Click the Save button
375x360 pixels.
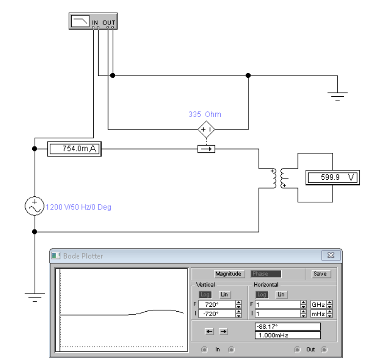tap(320, 274)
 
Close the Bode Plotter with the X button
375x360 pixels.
tap(331, 255)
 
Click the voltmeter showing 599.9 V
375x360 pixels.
tap(332, 178)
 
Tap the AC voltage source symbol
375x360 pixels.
tap(34, 207)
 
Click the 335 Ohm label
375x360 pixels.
tap(205, 114)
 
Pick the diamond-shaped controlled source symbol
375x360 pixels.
tap(206, 129)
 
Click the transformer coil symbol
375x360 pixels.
tap(277, 178)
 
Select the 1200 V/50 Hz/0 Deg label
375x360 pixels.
tap(78, 207)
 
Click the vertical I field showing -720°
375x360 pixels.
tap(216, 314)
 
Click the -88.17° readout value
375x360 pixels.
tap(288, 326)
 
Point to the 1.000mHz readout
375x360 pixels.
tap(288, 335)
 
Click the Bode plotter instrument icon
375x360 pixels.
tap(93, 21)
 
